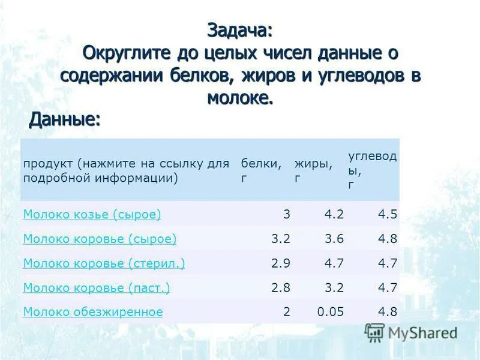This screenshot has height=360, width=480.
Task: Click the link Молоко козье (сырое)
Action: (x=92, y=214)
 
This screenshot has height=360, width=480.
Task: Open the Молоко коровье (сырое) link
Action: (x=100, y=239)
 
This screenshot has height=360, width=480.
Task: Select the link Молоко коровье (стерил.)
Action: (x=104, y=263)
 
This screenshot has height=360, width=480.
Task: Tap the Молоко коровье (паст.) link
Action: (x=96, y=288)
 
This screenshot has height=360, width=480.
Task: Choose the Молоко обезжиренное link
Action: (x=93, y=312)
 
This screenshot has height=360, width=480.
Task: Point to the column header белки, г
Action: (x=261, y=170)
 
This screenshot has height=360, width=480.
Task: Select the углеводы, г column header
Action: (x=372, y=170)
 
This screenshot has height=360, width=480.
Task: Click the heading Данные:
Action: (x=65, y=119)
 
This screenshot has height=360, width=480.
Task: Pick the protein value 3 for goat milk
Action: (x=287, y=214)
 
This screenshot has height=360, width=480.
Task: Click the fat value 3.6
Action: (x=334, y=239)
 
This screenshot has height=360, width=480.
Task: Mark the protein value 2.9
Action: (x=281, y=263)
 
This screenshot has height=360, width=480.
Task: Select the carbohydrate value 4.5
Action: (x=388, y=214)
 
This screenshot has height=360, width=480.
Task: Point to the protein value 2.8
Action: (x=281, y=288)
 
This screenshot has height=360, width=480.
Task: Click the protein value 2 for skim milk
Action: (x=287, y=312)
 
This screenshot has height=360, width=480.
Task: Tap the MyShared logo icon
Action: (x=374, y=332)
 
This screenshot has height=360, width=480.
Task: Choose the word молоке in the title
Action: (x=240, y=98)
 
